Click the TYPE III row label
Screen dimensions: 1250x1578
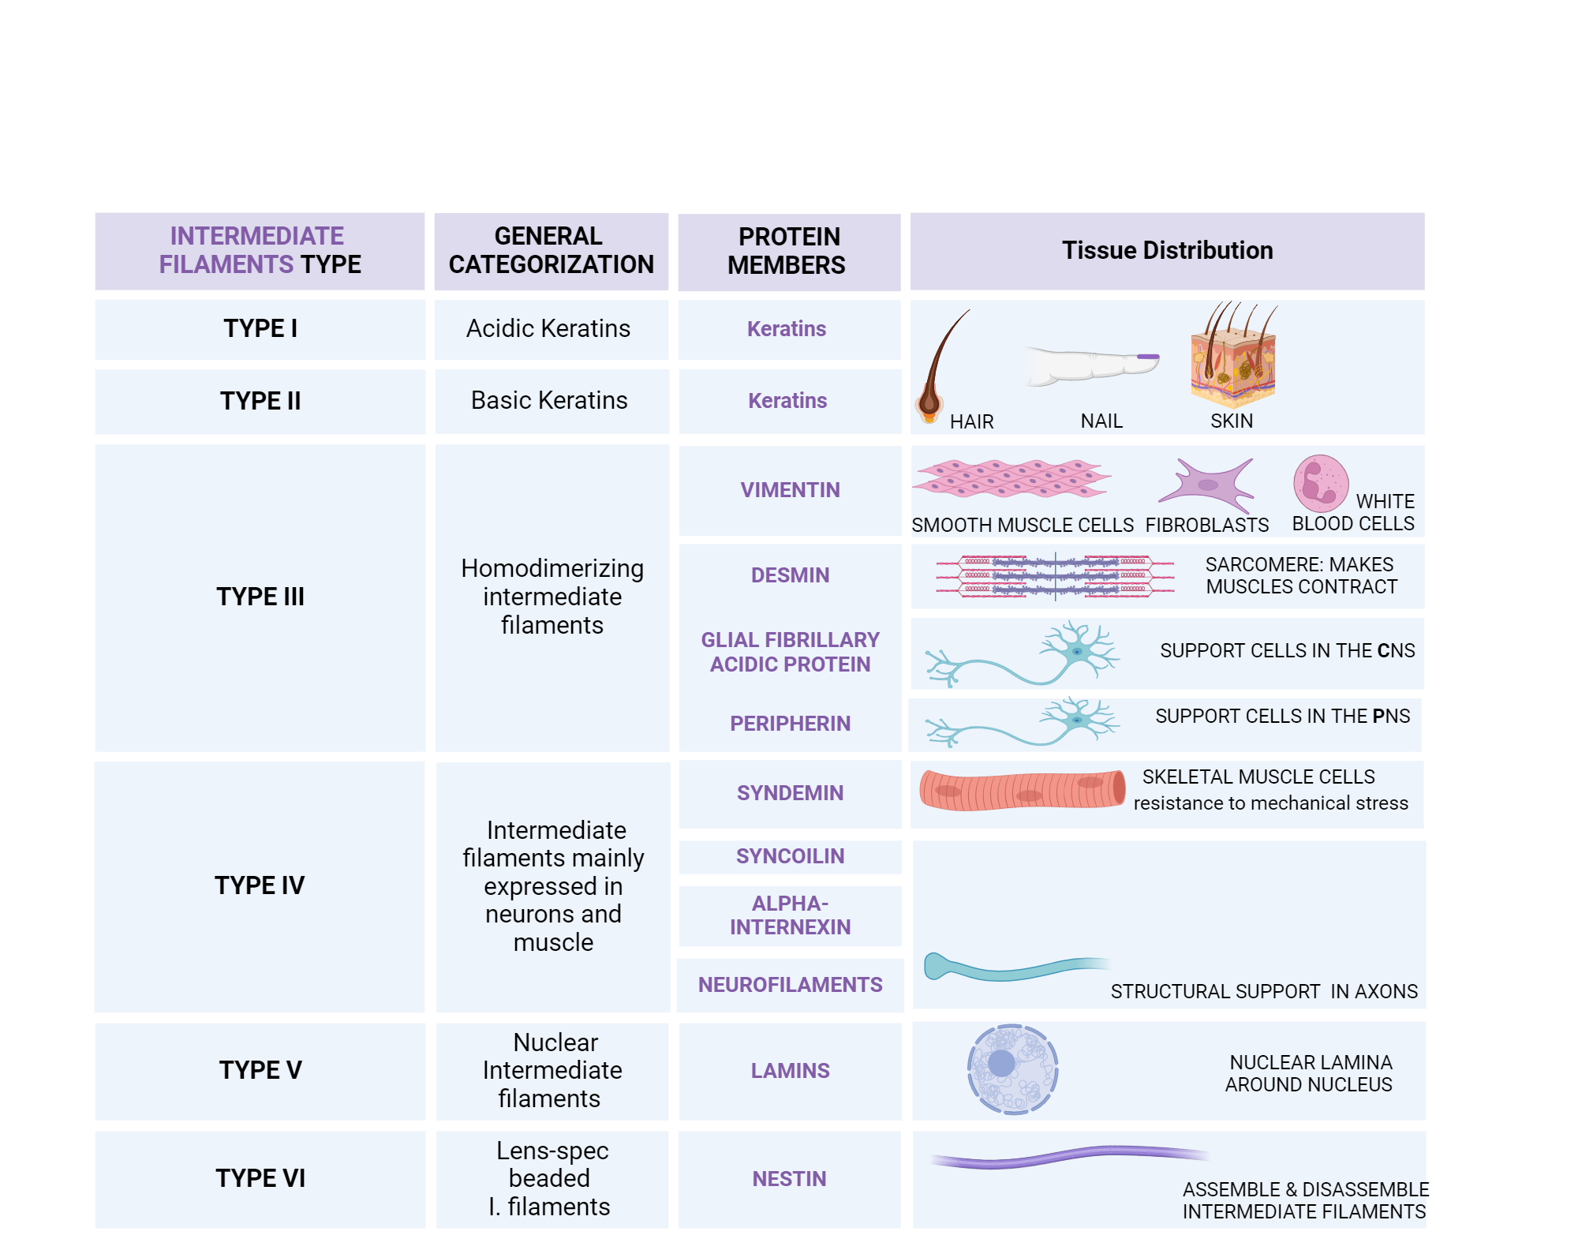point(260,597)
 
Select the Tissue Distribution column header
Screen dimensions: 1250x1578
point(1167,251)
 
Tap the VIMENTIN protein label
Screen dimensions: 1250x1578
point(790,490)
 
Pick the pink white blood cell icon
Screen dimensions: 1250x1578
point(1320,483)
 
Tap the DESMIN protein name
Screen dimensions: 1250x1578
point(790,575)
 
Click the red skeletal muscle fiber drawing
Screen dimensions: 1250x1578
point(1022,790)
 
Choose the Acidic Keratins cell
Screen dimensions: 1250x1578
point(548,329)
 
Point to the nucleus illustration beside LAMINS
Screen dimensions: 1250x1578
point(1012,1069)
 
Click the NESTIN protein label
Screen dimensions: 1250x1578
point(789,1179)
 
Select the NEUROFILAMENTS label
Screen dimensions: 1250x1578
point(790,985)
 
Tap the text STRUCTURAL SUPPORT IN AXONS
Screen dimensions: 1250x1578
point(1264,992)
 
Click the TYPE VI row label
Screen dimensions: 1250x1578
point(260,1178)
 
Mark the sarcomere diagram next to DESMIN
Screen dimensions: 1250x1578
point(1055,576)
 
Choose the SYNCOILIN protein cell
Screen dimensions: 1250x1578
point(790,856)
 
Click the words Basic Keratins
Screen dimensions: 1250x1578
point(549,401)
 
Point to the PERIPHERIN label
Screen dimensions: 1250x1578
point(790,724)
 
